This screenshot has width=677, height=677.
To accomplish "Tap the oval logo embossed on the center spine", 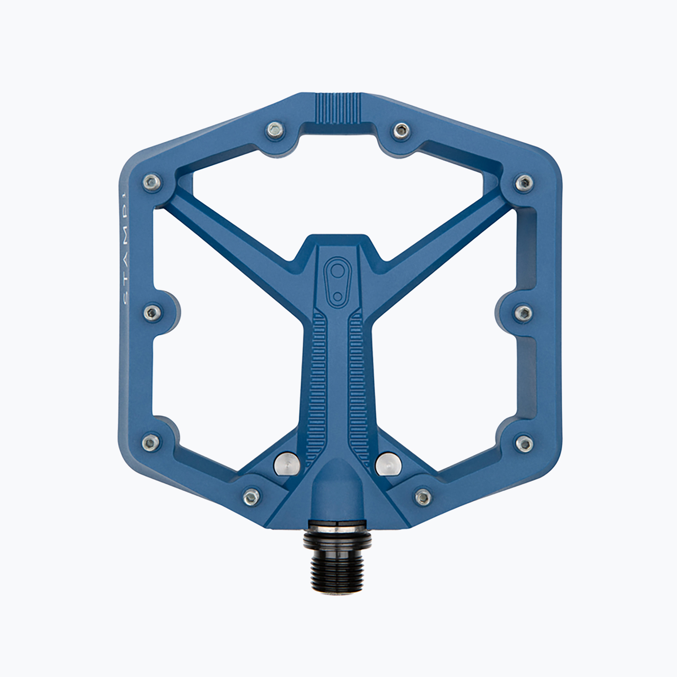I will pos(337,282).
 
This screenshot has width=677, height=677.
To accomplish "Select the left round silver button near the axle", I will pos(287,464).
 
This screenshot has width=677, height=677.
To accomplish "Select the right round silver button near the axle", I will pos(388,464).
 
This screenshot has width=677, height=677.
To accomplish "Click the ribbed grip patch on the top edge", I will pos(338,108).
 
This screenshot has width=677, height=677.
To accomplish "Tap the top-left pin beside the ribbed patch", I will pos(275,130).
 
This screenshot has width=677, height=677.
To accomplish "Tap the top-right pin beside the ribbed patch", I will pos(401,131).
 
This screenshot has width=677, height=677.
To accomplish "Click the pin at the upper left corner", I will pos(152,182).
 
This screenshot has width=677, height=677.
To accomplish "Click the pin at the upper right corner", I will pos(524,182).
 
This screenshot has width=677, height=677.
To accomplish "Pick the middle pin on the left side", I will pos(153,312).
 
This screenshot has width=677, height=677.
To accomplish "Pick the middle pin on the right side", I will pos(524,313).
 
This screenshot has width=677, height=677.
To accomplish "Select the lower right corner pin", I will pos(524,444).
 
